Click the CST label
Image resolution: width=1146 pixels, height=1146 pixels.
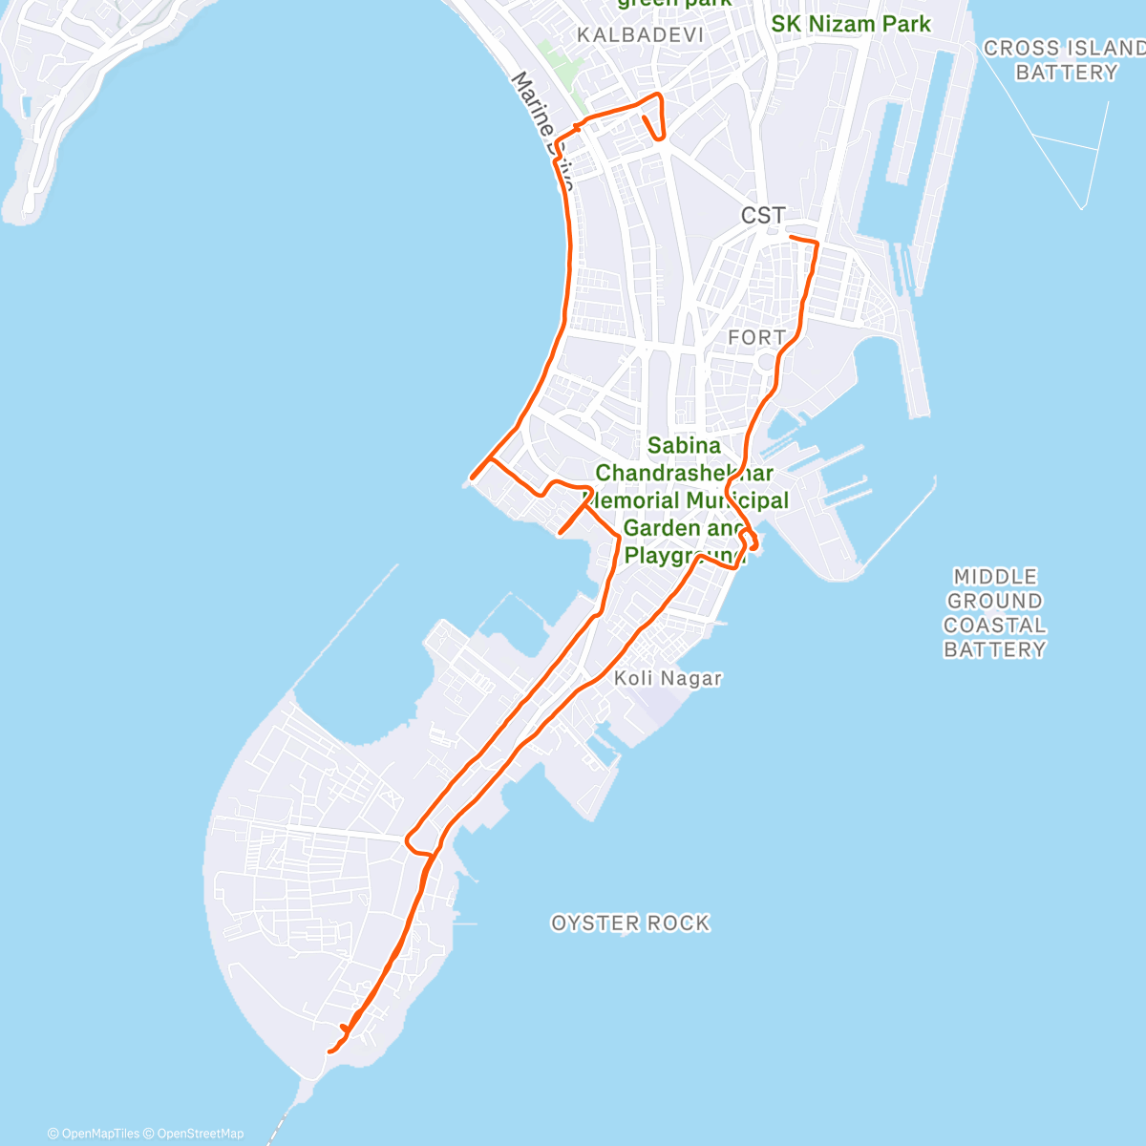tap(763, 216)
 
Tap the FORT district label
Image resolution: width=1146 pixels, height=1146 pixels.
tap(756, 337)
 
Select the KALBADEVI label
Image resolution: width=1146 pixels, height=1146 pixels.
tap(640, 35)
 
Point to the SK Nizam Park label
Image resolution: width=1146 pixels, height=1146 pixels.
tap(850, 24)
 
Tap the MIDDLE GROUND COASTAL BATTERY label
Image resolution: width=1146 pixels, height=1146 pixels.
tap(995, 613)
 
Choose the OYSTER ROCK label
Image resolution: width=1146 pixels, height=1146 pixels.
tap(630, 923)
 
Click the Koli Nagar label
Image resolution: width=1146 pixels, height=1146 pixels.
tap(668, 678)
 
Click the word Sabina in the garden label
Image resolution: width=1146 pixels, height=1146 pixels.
tap(684, 445)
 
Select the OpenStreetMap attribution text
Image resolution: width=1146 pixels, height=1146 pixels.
tap(201, 1134)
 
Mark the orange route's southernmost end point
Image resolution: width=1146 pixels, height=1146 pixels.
tap(329, 1051)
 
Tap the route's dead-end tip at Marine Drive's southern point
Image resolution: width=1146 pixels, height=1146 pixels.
tap(473, 477)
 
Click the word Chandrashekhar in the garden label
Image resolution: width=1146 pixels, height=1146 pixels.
tap(684, 473)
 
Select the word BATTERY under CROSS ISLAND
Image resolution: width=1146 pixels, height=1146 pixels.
tap(1066, 73)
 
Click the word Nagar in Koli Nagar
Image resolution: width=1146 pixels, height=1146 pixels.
tap(694, 678)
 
